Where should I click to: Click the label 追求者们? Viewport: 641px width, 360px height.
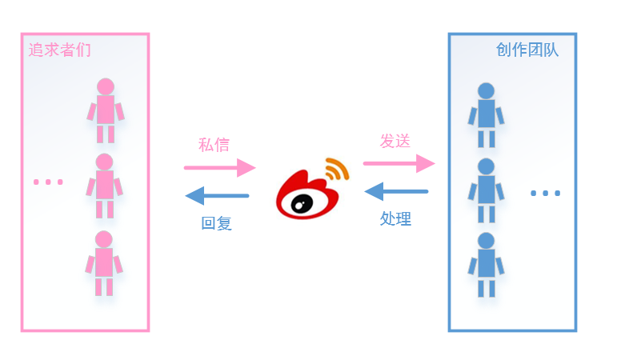[60, 50]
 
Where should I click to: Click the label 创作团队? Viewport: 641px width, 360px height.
[527, 50]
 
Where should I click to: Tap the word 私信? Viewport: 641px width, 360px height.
[214, 145]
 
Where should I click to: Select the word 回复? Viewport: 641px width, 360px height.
[216, 224]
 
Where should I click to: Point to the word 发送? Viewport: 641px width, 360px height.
[395, 142]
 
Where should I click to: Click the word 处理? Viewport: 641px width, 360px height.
[395, 218]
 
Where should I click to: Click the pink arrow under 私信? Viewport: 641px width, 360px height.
[219, 167]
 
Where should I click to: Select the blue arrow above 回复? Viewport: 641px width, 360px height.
[217, 195]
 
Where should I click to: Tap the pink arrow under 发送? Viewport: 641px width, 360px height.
[399, 163]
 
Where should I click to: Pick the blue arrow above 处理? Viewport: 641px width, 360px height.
[396, 191]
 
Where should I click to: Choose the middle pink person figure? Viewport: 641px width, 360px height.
[105, 186]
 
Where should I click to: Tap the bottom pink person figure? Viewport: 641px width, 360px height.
[104, 262]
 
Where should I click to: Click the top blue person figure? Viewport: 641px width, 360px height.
[486, 114]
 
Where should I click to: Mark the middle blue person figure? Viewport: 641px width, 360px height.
[486, 190]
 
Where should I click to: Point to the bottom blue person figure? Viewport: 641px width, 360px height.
[486, 264]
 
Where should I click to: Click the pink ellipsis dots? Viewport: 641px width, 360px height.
[48, 182]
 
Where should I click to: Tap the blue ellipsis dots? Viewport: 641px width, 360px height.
[546, 193]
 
